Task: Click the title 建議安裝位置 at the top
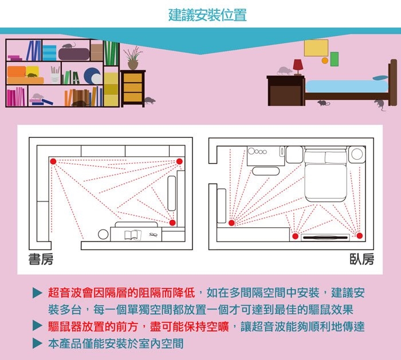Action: pos(207,15)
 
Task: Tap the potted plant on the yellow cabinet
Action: pos(133,58)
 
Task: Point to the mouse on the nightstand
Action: pos(284,71)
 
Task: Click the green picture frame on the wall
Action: pos(334,58)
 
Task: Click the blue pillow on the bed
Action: pos(380,77)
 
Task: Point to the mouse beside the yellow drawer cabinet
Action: pos(149,100)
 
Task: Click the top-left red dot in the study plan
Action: pos(53,161)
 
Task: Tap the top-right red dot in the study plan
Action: pos(179,161)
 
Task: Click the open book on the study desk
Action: pos(132,234)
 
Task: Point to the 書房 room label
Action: pos(41,259)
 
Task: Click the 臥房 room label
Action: pos(362,259)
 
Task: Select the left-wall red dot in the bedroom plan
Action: pos(232,223)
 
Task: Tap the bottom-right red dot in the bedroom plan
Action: pos(360,235)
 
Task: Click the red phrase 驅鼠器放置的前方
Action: pos(93,327)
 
